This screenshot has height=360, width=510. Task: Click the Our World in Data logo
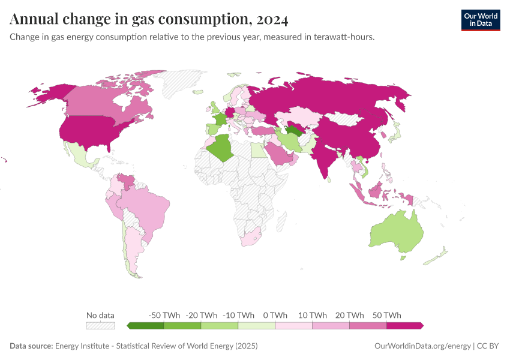pos(480,20)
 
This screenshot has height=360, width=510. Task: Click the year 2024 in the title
pos(272,20)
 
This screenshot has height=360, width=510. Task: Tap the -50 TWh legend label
pos(163,315)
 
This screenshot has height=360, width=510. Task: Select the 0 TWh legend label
pos(275,315)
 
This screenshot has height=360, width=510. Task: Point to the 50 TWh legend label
pos(386,315)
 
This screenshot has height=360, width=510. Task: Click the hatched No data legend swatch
pos(100,325)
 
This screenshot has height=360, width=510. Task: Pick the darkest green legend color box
pos(146,325)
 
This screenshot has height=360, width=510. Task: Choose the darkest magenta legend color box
pos(404,325)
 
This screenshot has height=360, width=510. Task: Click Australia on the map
pos(396,231)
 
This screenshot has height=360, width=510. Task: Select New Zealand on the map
pos(437,255)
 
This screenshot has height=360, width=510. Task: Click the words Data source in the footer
pos(31,346)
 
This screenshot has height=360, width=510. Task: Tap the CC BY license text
pos(488,346)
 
